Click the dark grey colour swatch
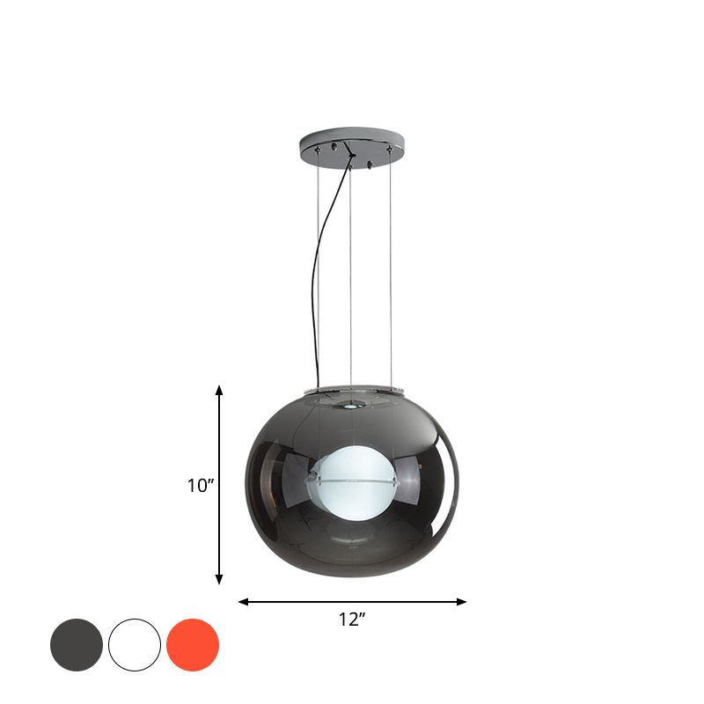coord(77,645)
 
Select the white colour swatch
coord(135,645)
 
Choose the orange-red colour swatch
coord(193,645)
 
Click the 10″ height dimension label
coord(200,485)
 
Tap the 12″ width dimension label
coord(352,620)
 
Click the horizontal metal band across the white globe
coord(352,481)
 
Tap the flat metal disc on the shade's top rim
coord(352,390)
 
